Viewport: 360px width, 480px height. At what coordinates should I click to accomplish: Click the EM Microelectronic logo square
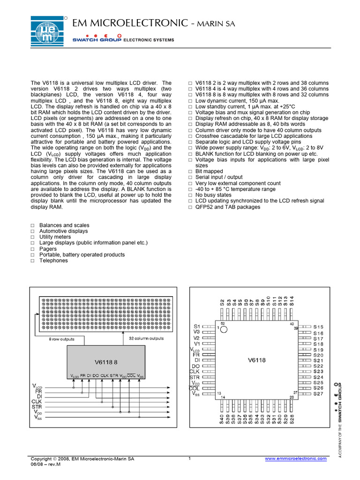(49, 31)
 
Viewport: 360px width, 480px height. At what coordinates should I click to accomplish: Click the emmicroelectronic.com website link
(296, 459)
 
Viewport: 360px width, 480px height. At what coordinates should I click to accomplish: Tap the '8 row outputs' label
(62, 338)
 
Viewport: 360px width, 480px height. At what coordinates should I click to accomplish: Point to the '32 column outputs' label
(146, 338)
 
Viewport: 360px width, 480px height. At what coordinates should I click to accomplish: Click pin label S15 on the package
(318, 327)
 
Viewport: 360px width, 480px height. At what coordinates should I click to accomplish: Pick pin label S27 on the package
(318, 394)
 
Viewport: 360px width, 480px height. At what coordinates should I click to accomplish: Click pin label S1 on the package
(197, 326)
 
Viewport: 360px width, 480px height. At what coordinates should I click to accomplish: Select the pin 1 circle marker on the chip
(224, 330)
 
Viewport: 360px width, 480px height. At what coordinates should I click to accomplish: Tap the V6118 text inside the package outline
(256, 360)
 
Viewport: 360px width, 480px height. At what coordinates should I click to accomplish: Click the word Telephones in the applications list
(53, 261)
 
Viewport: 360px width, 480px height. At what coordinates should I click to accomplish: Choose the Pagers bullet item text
(48, 249)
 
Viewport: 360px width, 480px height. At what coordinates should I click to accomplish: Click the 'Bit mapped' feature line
(209, 172)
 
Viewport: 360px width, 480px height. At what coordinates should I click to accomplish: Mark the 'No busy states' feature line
(213, 195)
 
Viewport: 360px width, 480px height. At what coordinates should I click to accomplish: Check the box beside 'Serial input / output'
(190, 178)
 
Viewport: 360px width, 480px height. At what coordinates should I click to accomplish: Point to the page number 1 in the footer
(189, 458)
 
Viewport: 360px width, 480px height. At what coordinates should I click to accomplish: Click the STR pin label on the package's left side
(195, 377)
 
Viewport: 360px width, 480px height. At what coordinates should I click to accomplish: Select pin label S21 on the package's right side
(318, 360)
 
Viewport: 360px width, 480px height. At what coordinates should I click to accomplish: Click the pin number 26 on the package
(291, 397)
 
